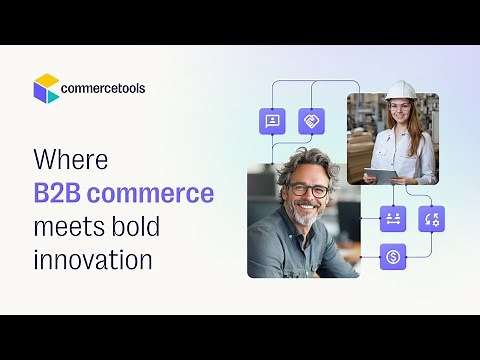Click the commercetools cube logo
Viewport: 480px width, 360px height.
point(46,88)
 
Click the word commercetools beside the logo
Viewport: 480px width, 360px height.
point(103,88)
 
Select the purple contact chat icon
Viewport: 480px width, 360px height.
point(272,122)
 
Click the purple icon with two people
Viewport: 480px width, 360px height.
point(393,218)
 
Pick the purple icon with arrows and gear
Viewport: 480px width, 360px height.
point(431,218)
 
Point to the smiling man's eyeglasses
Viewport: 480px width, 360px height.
point(309,190)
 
